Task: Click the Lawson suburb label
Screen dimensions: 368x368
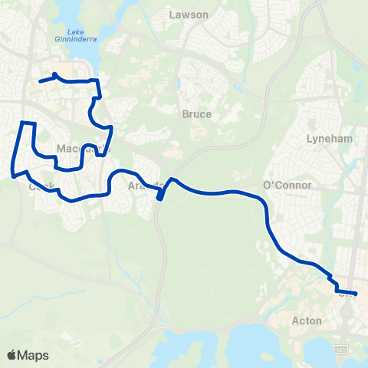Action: (188, 14)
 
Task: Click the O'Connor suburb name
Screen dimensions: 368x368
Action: (287, 186)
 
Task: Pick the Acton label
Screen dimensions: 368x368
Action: (307, 320)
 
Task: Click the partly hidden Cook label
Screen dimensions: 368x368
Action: (40, 186)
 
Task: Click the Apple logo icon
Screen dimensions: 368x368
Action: (12, 355)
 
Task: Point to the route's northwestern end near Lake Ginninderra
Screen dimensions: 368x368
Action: (40, 80)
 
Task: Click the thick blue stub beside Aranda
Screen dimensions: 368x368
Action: (159, 196)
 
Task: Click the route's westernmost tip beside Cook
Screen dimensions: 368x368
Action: (13, 174)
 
